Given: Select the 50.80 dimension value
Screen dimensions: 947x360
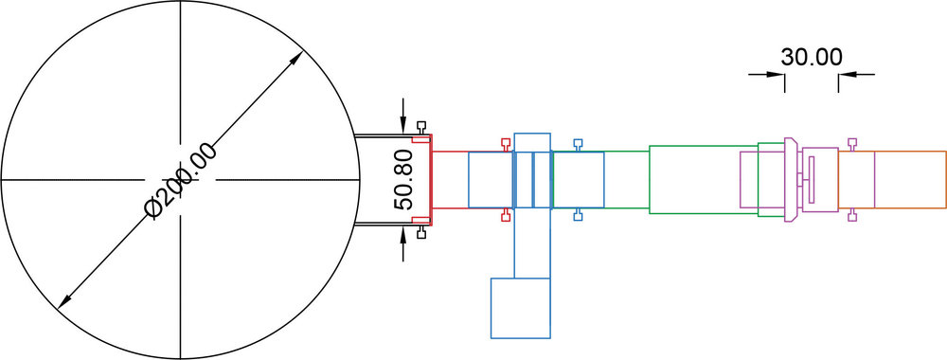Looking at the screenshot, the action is (x=403, y=180).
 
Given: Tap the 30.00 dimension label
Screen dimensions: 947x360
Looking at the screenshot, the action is (x=812, y=57).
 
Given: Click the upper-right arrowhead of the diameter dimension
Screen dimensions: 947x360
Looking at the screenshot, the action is (x=296, y=59).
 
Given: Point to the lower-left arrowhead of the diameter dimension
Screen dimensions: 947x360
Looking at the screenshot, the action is (x=64, y=302).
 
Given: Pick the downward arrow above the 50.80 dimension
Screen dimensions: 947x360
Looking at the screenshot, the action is (x=403, y=117).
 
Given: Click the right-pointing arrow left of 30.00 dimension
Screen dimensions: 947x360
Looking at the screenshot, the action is (x=766, y=74).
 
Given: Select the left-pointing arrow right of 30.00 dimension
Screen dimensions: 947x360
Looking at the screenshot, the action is (x=856, y=74).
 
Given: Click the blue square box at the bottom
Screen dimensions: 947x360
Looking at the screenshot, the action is (x=521, y=308).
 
